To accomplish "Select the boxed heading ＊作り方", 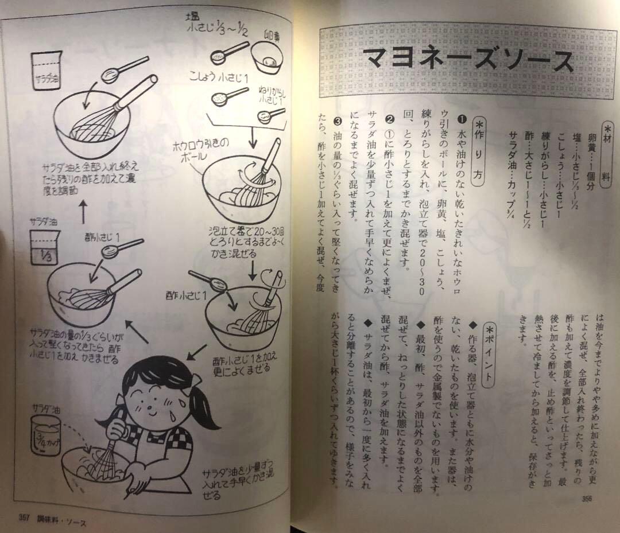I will tap(478, 151).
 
